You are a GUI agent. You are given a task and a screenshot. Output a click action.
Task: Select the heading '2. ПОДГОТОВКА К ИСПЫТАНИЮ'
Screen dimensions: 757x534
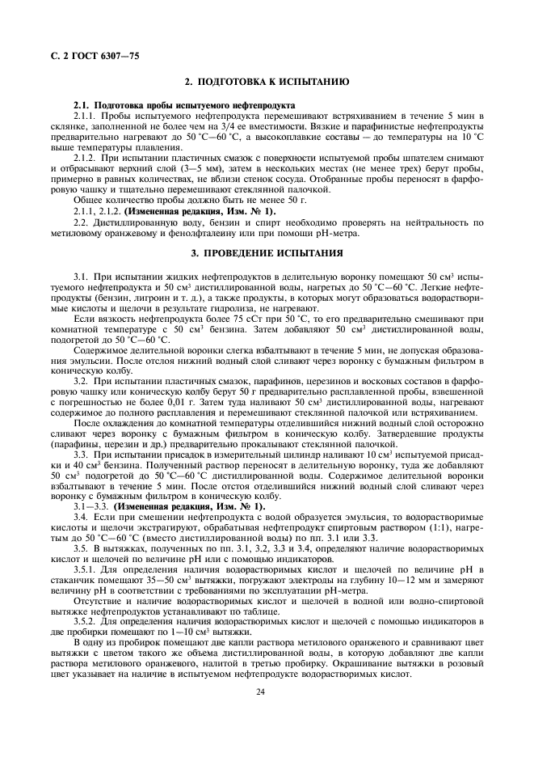click(x=267, y=82)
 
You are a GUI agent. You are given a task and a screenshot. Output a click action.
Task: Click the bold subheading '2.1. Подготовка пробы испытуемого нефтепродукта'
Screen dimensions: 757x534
click(x=183, y=106)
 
